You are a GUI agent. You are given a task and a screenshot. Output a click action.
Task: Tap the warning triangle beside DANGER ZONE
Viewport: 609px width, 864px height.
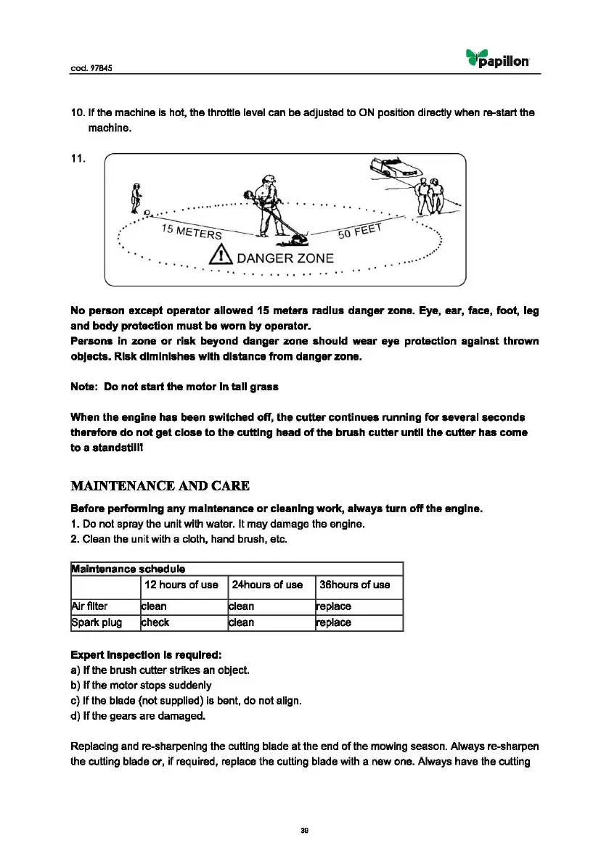pos(220,255)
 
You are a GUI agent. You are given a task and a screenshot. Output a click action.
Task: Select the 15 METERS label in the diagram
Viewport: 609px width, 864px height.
pos(191,231)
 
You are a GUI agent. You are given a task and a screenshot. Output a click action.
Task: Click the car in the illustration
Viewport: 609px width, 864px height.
pos(395,168)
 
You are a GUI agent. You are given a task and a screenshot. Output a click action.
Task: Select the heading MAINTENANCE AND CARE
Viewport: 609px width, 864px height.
pos(160,485)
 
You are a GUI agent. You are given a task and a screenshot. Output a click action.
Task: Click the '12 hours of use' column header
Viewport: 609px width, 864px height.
pos(181,585)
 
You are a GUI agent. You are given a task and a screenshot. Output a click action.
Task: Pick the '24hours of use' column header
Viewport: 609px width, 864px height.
pos(266,585)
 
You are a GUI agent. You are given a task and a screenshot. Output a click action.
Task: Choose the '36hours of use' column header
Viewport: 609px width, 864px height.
pos(354,585)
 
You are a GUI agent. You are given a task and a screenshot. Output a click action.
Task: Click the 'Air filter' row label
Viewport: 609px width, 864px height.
pos(89,606)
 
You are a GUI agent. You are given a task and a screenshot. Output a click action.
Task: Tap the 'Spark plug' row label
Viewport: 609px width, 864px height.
pos(96,622)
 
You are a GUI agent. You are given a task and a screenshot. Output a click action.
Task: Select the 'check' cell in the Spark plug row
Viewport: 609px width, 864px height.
pos(155,622)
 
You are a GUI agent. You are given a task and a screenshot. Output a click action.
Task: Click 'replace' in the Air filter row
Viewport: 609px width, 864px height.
pos(332,606)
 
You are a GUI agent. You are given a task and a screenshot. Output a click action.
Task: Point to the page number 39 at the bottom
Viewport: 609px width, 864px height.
pos(305,831)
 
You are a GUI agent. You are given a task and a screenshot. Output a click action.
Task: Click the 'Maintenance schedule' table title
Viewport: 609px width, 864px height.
pos(127,569)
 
